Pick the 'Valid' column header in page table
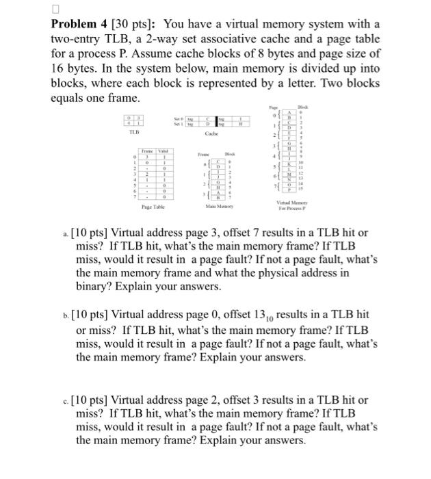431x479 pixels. pos(164,150)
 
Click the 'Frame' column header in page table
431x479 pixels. pos(147,150)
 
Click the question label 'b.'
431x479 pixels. pos(65,315)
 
